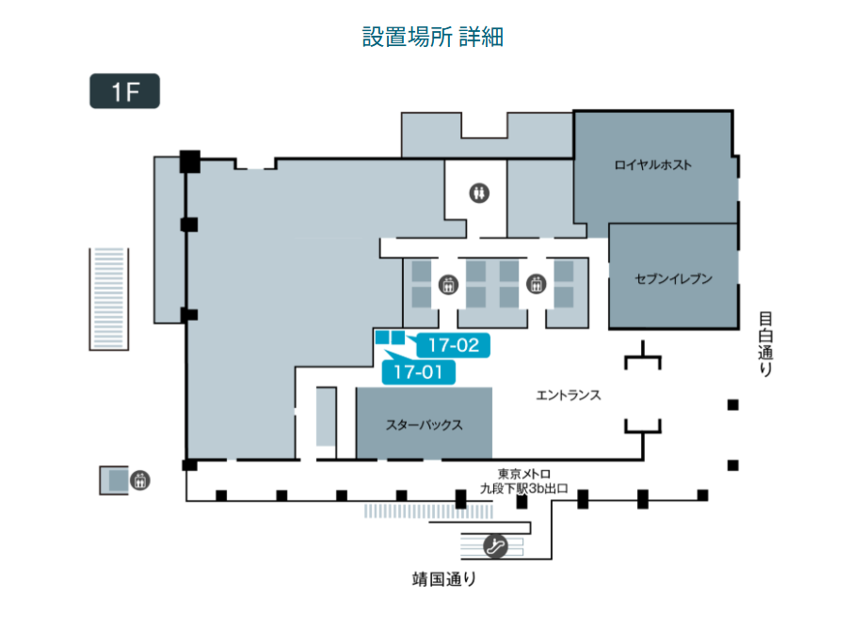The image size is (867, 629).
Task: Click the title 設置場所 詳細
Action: click(x=433, y=37)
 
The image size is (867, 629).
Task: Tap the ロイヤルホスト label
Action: click(x=653, y=165)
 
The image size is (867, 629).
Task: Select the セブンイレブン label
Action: click(x=673, y=278)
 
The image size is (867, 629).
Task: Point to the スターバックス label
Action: click(x=424, y=425)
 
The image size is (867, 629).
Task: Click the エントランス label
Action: click(x=569, y=396)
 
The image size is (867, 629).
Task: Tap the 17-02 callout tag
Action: click(x=454, y=345)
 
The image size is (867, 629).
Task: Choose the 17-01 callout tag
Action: click(x=419, y=371)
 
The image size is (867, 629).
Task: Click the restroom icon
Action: click(x=481, y=192)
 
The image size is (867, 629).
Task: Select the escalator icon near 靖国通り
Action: click(x=496, y=545)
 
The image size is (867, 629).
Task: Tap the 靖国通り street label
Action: click(x=444, y=578)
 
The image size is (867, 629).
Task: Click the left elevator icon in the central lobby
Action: click(x=447, y=282)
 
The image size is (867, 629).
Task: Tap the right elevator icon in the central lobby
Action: click(x=537, y=282)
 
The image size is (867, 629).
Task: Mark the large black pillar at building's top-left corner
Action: click(x=190, y=161)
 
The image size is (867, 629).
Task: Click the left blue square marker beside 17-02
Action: click(x=382, y=337)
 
